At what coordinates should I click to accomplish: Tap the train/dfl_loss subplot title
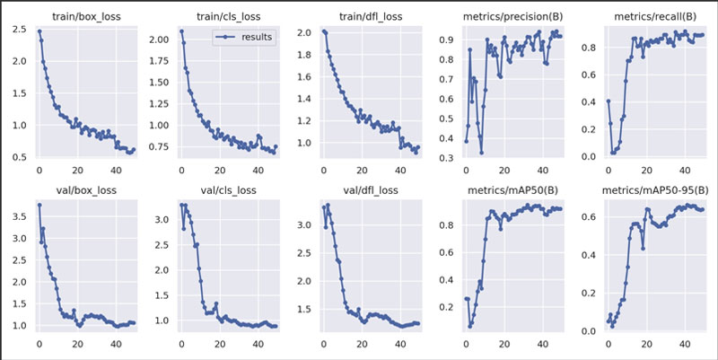[358, 16]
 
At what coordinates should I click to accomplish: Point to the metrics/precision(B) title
[508, 16]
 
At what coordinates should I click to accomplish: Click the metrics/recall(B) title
[651, 16]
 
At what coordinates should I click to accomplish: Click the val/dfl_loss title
[358, 189]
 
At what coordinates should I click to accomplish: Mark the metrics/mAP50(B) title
[508, 189]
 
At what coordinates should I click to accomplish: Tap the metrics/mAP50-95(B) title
[651, 189]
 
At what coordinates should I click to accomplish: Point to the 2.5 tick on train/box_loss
[19, 31]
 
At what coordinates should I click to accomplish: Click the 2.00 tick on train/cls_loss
[158, 40]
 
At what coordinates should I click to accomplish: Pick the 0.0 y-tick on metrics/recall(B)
[591, 157]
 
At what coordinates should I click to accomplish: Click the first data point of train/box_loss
[39, 31]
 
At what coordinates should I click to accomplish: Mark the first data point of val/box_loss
[39, 205]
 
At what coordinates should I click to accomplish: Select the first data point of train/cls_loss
[181, 31]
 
